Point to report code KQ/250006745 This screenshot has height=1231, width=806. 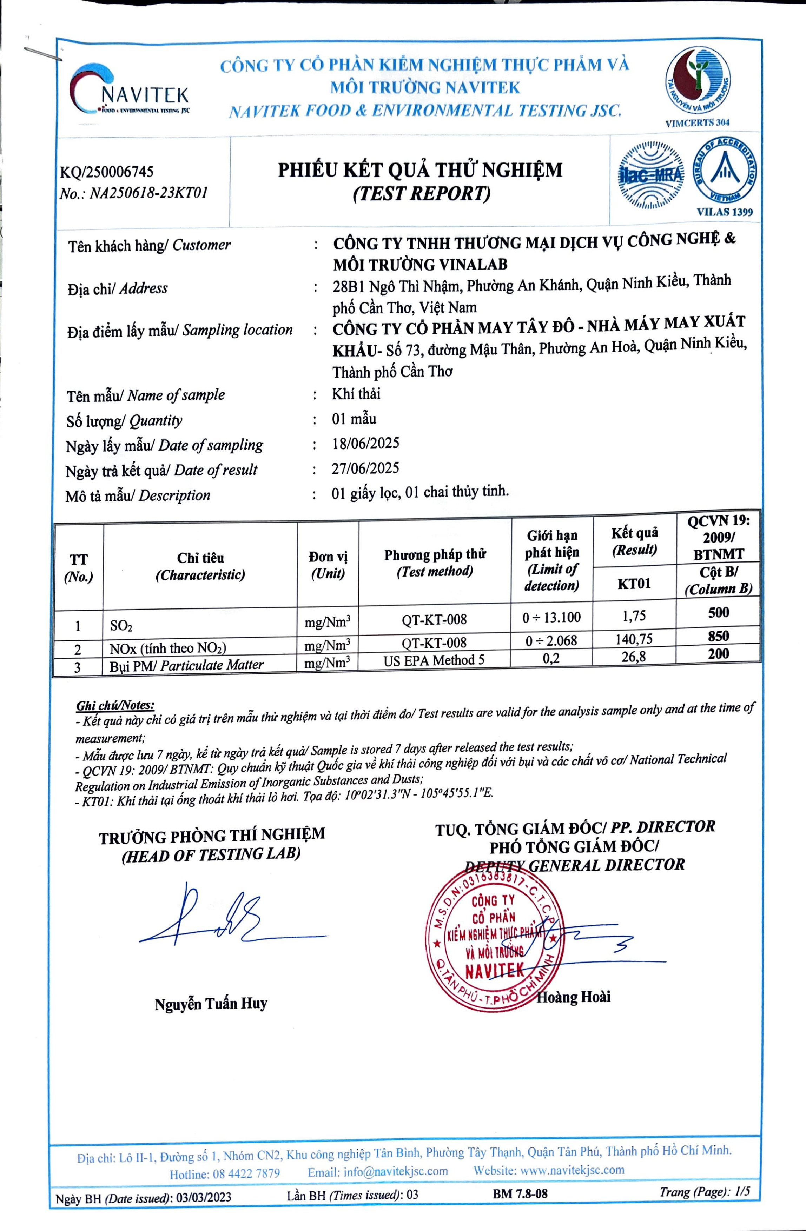coord(107,172)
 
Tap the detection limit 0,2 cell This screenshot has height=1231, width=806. coord(551,658)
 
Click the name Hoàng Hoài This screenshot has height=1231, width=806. coord(573,996)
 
